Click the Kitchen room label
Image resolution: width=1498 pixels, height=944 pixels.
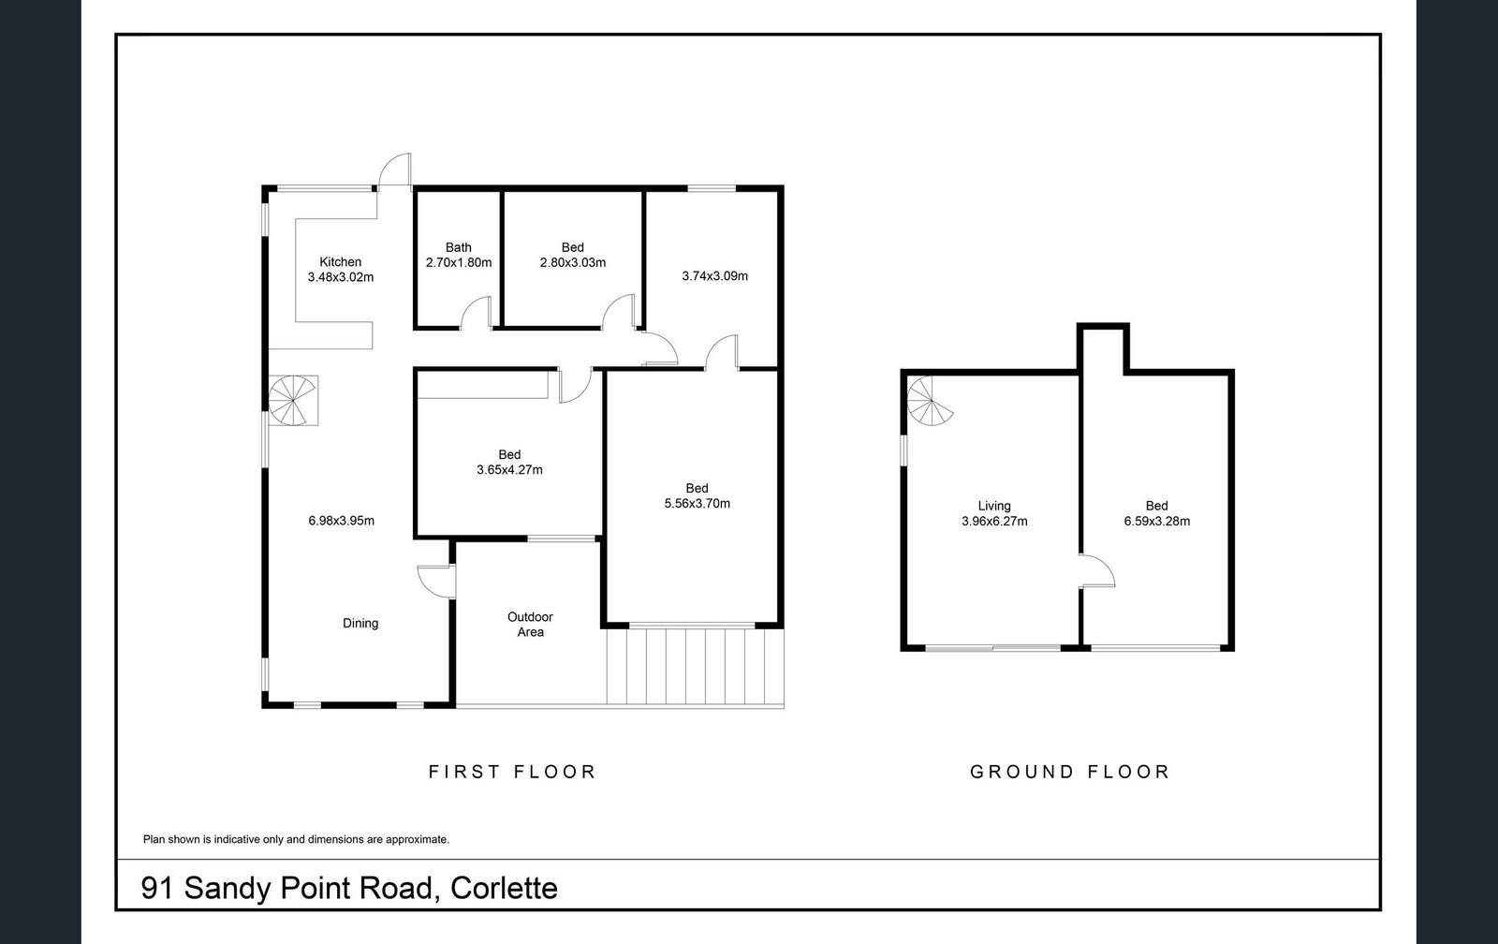click(x=340, y=262)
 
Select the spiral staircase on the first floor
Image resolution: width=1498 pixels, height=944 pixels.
click(x=293, y=401)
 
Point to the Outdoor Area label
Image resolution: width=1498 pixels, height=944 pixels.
click(x=530, y=625)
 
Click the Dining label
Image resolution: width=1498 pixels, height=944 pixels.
click(x=360, y=624)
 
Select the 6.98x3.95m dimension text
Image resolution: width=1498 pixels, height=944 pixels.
click(x=342, y=521)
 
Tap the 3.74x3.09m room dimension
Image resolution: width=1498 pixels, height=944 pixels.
click(x=714, y=276)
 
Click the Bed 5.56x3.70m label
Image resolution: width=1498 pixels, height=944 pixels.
click(x=697, y=495)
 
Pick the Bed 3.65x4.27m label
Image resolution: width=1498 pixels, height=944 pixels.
click(x=509, y=463)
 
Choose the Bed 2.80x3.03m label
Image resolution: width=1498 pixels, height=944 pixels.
click(x=572, y=256)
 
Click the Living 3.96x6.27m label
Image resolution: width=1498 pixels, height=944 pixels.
click(x=994, y=514)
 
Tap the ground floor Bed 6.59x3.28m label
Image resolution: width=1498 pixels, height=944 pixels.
click(x=1156, y=514)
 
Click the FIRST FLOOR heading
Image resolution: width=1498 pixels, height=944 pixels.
click(x=512, y=772)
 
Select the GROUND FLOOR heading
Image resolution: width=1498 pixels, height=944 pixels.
click(x=1069, y=772)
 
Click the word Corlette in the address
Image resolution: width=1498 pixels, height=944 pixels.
click(x=504, y=888)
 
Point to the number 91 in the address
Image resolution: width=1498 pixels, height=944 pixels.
click(x=157, y=888)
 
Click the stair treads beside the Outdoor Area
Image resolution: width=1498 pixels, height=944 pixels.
click(x=694, y=667)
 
